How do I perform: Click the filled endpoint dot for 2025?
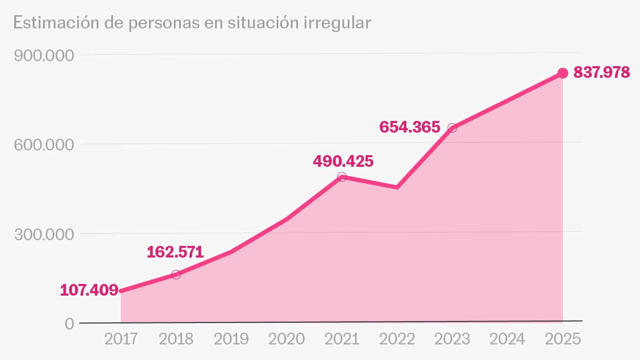(x=563, y=73)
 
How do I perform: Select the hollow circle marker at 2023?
(x=452, y=128)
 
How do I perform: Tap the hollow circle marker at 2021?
(x=342, y=177)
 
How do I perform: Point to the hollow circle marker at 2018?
(x=176, y=274)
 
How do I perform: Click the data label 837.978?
(x=602, y=72)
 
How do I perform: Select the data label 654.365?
(x=410, y=127)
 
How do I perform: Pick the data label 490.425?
(x=343, y=161)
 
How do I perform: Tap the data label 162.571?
(x=175, y=252)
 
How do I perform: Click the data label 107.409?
(x=89, y=290)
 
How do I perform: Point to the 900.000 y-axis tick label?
(x=44, y=56)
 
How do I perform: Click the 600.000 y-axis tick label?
(x=44, y=145)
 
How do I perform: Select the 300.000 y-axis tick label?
(x=44, y=234)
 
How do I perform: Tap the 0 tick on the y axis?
(x=70, y=324)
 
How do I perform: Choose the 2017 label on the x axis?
(x=121, y=339)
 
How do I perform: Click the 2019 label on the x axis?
(x=231, y=339)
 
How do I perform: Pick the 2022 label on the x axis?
(x=397, y=339)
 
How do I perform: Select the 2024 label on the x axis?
(x=507, y=339)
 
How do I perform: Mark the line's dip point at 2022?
(x=397, y=187)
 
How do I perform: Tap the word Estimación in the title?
(x=56, y=22)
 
